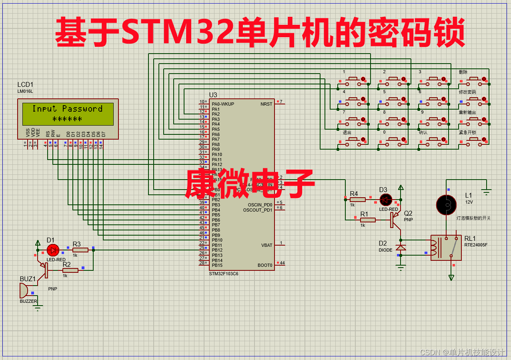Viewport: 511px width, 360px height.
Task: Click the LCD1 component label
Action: coord(25,85)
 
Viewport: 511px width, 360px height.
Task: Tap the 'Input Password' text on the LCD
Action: coord(67,109)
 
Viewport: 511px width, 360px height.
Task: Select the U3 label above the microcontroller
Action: coord(213,95)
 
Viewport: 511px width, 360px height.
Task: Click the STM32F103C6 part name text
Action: coord(224,274)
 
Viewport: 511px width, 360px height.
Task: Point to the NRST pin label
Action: coord(266,104)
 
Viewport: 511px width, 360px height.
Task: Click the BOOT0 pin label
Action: coord(265,265)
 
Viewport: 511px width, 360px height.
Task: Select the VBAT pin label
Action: coord(267,245)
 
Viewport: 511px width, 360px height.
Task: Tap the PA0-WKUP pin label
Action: coord(223,104)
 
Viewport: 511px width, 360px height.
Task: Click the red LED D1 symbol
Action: coord(52,250)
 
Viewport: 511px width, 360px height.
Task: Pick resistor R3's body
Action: coord(80,250)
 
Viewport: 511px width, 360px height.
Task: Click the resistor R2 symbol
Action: coord(70,270)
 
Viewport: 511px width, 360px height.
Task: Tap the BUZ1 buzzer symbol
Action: coord(24,290)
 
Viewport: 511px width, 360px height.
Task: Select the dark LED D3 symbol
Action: coord(386,199)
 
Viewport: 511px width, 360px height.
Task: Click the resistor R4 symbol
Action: coord(357,199)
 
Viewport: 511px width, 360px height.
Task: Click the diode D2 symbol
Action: coord(401,248)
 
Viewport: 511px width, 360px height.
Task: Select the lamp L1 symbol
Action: coord(446,204)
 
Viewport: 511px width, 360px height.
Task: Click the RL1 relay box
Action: coord(446,247)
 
